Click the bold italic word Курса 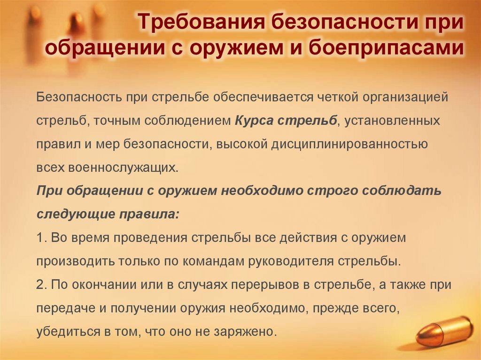252,121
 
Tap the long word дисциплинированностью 349,144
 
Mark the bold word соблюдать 405,191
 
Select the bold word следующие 70,214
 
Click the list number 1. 40,237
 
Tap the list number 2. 40,284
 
